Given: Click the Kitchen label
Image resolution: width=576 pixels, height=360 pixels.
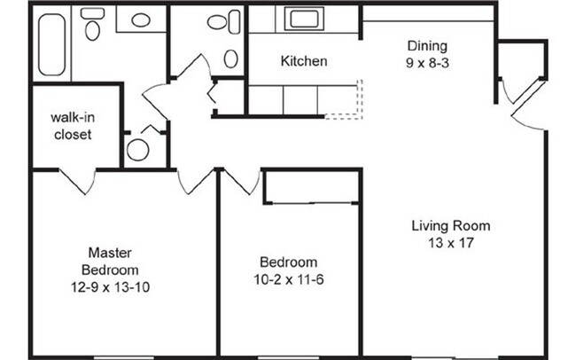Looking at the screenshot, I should [304, 61].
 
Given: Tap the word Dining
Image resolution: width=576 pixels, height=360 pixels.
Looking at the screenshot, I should [427, 46].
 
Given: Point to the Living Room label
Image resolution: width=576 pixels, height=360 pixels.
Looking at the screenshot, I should [450, 225].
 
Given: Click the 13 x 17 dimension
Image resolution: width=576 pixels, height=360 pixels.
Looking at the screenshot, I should [450, 242].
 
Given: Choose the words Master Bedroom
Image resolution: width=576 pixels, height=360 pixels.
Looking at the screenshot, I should [110, 261].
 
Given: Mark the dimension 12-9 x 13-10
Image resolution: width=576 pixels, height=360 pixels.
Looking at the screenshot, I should [110, 286].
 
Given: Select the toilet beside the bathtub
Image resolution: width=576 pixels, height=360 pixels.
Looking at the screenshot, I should [91, 28].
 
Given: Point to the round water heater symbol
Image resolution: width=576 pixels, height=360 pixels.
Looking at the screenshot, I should [138, 149].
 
